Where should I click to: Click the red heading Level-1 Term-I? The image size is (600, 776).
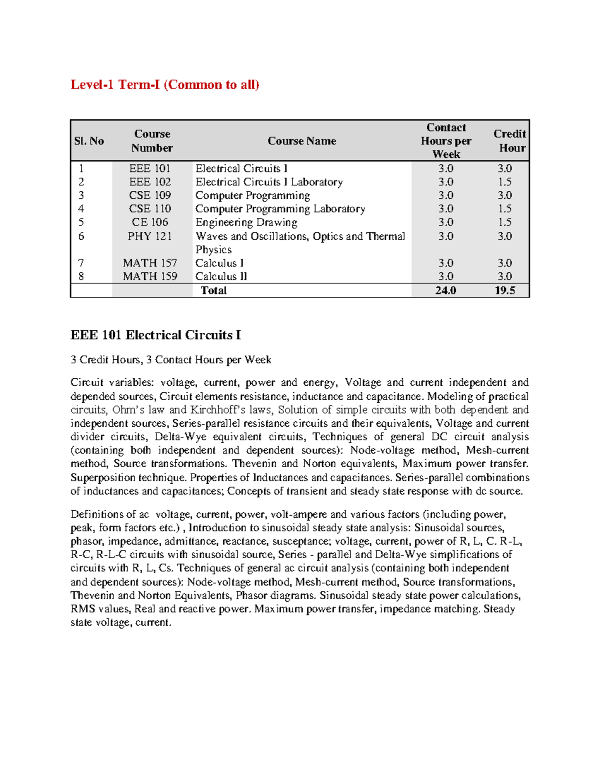164,84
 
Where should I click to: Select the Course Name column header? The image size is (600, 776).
301,141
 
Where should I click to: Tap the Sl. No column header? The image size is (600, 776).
89,141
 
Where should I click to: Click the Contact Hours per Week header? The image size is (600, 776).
445,141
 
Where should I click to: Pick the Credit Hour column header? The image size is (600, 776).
509,141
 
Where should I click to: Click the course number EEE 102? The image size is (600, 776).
150,182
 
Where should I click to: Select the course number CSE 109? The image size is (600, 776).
150,195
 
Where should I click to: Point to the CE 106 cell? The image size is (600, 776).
150,222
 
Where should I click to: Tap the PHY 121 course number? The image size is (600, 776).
150,236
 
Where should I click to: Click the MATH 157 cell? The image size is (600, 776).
150,263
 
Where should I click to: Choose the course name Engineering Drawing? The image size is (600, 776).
246,222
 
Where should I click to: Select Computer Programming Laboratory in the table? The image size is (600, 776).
280,209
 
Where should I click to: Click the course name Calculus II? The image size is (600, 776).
221,276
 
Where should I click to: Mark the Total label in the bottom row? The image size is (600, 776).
213,290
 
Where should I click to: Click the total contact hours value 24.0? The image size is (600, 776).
445,290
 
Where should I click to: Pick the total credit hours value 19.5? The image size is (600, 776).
504,290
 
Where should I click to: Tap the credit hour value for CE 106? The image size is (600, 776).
504,222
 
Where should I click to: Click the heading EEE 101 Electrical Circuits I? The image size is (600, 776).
155,335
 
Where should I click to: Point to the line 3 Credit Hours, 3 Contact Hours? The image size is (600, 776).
170,360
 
